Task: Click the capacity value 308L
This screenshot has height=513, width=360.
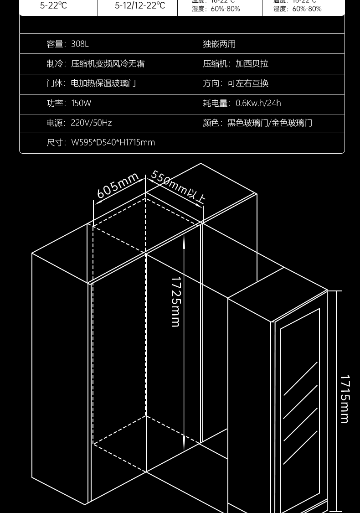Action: click(x=80, y=44)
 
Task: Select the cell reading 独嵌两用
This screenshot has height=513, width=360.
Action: click(x=219, y=44)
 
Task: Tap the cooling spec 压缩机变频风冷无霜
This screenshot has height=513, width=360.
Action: click(x=108, y=64)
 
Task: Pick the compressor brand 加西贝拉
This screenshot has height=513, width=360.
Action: click(x=252, y=64)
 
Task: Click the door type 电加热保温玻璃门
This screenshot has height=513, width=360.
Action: click(x=103, y=83)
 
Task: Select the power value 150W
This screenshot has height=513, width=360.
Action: click(x=81, y=103)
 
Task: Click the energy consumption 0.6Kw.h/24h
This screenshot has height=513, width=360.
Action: click(x=258, y=103)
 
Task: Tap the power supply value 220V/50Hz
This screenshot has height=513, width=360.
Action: click(x=91, y=123)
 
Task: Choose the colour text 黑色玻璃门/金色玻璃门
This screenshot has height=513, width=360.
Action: click(x=270, y=123)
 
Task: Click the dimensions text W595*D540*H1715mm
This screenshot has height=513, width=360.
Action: click(x=113, y=142)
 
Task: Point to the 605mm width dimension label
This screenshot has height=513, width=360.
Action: click(x=118, y=186)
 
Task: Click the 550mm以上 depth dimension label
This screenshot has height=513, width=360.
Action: click(x=178, y=186)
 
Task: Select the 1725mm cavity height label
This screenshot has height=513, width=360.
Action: click(x=176, y=302)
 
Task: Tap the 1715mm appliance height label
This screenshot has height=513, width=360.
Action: click(x=345, y=399)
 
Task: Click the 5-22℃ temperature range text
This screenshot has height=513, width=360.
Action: click(x=53, y=6)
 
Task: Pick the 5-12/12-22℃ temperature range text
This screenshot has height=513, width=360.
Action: click(x=140, y=6)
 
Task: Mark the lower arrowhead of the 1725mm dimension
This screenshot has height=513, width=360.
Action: click(x=184, y=445)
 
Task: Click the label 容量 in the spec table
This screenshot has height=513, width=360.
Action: click(x=55, y=44)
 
